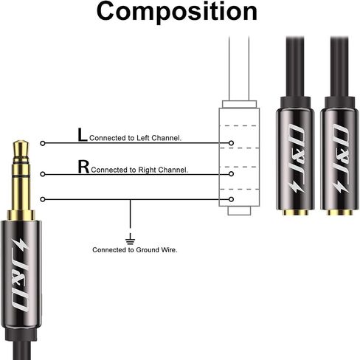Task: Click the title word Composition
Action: (177, 12)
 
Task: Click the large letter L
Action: (83, 135)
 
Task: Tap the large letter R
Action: (83, 167)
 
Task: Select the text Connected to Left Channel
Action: (135, 138)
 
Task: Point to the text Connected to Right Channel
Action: (139, 170)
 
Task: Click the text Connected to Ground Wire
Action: (135, 250)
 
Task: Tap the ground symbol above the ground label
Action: (130, 239)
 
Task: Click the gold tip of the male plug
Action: (21, 149)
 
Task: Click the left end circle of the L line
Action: (43, 143)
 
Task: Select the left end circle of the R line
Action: (43, 174)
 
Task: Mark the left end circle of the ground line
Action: (43, 199)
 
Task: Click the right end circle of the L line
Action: (231, 143)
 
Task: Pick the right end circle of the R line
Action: (231, 174)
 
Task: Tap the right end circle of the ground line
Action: (231, 199)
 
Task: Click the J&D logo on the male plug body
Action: (21, 274)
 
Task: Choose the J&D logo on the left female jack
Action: (298, 158)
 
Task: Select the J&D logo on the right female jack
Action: (342, 158)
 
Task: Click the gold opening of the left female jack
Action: (295, 212)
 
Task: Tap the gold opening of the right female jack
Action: (339, 212)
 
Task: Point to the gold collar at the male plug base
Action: (21, 215)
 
